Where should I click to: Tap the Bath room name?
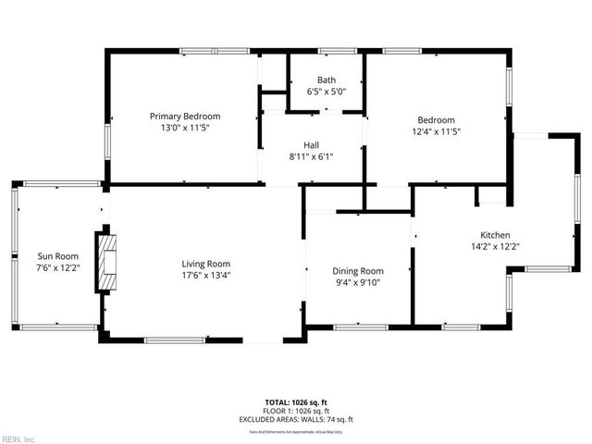[x=326, y=80]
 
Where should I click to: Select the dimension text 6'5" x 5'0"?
[x=326, y=92]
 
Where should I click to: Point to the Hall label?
[x=312, y=144]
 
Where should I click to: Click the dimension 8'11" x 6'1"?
[x=312, y=156]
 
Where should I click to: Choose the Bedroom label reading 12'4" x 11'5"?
[x=436, y=119]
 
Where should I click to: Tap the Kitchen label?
[x=495, y=235]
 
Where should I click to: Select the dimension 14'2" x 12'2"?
[x=495, y=247]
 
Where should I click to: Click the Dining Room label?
[x=358, y=270]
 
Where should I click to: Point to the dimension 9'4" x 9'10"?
[x=358, y=282]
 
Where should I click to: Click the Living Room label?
[x=205, y=263]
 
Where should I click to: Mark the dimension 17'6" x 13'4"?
[x=205, y=275]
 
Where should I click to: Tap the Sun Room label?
[x=57, y=256]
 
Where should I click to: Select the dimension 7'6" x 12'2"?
[x=57, y=268]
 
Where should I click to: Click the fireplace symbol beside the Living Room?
[x=109, y=262]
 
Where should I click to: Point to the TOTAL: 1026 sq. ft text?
[x=296, y=402]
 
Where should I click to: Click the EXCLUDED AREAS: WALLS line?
[x=296, y=419]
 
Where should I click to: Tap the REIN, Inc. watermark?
[x=18, y=438]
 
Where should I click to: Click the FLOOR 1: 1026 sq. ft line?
[x=296, y=411]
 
